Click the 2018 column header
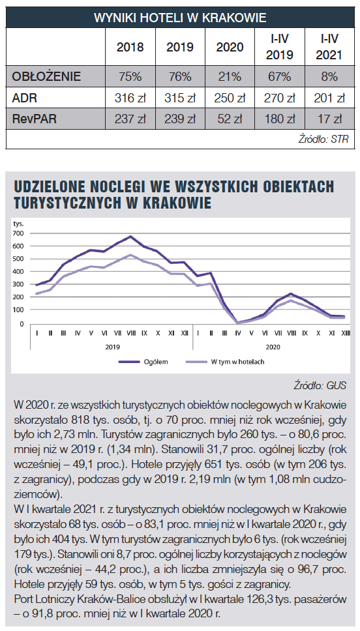point(130,47)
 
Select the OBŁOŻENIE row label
point(46,76)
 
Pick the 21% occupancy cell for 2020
point(230,76)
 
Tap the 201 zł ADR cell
point(330,98)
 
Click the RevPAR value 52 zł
point(230,119)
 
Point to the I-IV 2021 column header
point(329,47)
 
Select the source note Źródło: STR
point(323,139)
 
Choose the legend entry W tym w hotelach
point(225,362)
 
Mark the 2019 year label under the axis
point(112,347)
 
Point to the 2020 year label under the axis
point(273,347)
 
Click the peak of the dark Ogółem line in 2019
point(130,236)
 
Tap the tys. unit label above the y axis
point(18,224)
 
